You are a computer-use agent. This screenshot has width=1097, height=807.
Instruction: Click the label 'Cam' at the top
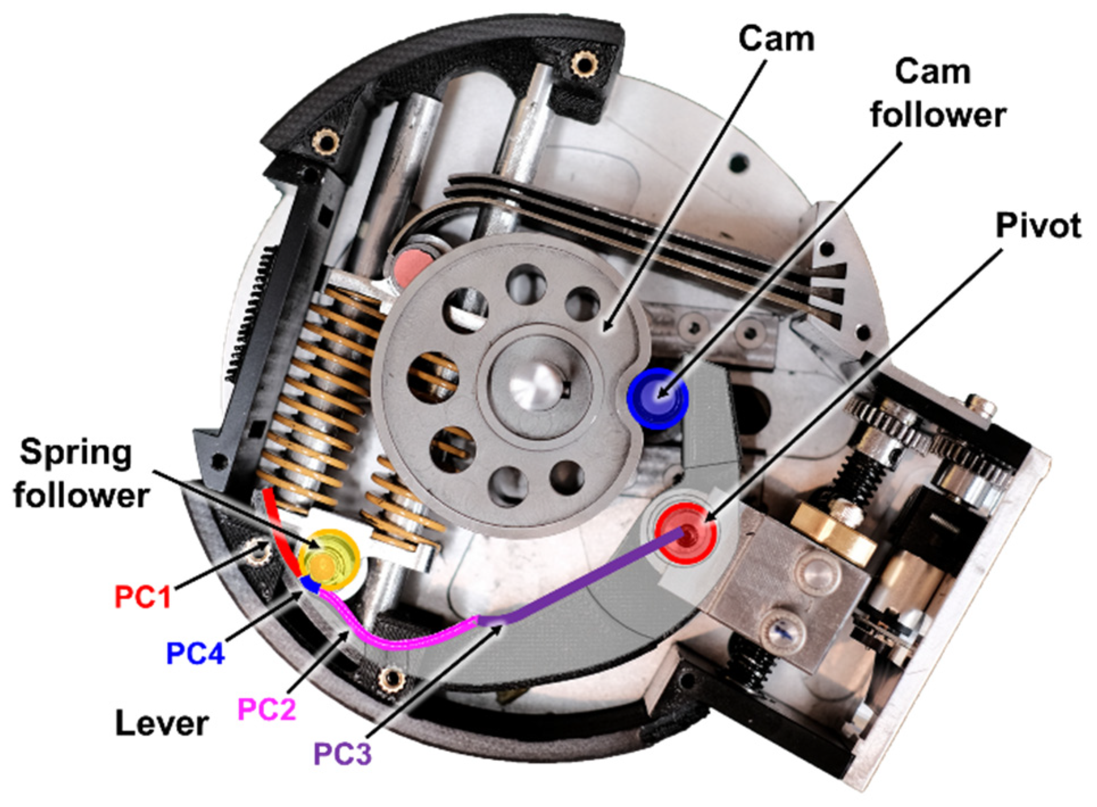[776, 39]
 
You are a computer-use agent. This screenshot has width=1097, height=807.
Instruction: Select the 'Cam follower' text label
[937, 93]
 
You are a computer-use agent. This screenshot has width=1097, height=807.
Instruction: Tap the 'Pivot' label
[1037, 226]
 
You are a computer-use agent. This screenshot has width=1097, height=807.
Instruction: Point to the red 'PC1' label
[143, 597]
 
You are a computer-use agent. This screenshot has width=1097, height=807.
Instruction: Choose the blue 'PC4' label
[196, 653]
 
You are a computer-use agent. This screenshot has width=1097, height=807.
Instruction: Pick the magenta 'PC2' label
[267, 709]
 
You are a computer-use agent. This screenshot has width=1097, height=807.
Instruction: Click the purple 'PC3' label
[342, 754]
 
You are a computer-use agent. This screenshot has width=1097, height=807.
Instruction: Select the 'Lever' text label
[162, 723]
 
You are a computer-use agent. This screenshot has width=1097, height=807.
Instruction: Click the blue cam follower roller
[658, 397]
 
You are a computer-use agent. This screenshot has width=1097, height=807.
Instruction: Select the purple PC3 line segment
[585, 580]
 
